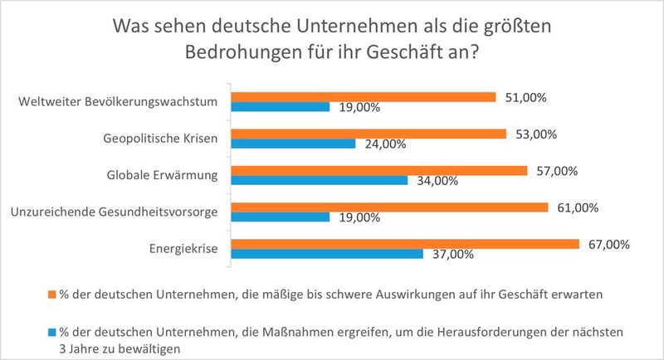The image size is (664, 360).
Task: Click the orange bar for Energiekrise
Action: coord(404,244)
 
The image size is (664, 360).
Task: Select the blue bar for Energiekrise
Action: coord(327,254)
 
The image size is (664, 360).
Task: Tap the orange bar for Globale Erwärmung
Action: coord(378,170)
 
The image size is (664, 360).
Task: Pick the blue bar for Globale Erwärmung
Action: coord(319,180)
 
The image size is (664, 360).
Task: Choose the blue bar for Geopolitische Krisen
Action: coord(293,144)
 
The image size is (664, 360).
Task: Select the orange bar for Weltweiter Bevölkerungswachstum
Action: coord(363,97)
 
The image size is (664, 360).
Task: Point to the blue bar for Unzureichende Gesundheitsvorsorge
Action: coord(281,217)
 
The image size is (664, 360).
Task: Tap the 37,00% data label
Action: coord(453,255)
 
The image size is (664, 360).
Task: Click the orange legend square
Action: coord(51,294)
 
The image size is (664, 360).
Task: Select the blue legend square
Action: coord(51,332)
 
